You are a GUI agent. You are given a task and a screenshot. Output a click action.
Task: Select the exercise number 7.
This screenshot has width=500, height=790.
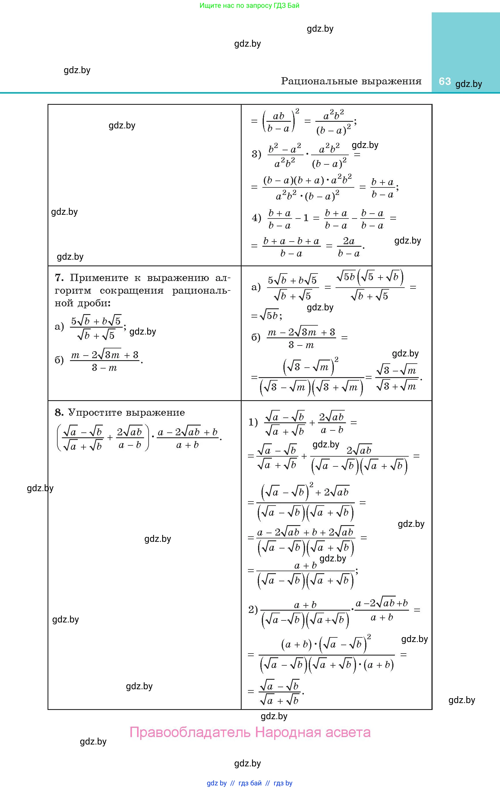(59, 278)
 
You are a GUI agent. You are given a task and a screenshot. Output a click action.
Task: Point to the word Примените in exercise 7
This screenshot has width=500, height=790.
(99, 278)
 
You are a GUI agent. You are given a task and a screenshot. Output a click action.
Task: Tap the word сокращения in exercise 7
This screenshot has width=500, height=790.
(131, 291)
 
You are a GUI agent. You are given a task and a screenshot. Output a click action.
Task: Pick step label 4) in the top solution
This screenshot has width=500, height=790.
(256, 218)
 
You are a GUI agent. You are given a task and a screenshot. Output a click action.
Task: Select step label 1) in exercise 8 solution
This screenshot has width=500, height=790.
(253, 422)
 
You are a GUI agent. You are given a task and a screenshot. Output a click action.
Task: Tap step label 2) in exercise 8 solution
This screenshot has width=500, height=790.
(253, 610)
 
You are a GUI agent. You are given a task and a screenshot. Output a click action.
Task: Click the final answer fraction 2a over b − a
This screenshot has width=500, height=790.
(349, 247)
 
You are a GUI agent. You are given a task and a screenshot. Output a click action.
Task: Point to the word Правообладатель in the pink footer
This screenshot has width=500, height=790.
(190, 732)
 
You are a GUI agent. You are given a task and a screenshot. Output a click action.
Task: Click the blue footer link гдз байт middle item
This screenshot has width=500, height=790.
(250, 783)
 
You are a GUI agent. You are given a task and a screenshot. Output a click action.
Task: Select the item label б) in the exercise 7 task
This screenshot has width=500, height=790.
(59, 360)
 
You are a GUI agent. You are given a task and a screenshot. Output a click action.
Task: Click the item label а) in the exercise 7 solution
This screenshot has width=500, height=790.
(256, 287)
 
